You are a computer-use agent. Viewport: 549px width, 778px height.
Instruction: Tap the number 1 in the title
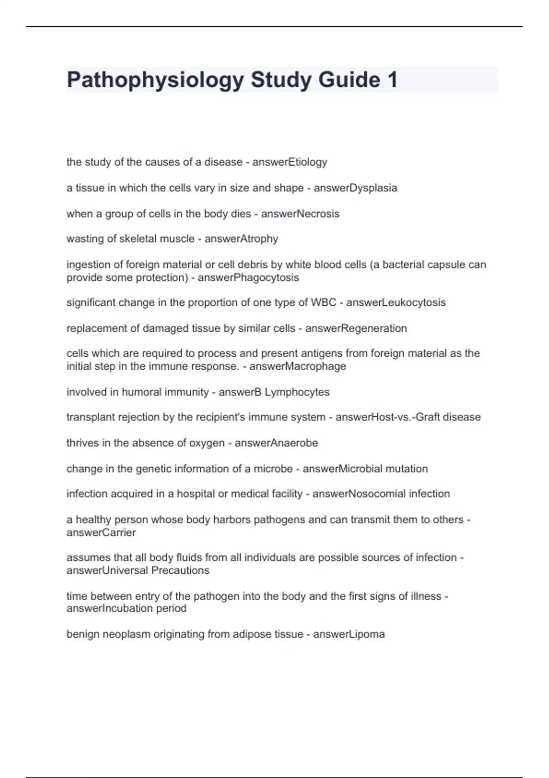coord(392,80)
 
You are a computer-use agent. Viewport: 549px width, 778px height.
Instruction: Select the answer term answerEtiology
coord(290,162)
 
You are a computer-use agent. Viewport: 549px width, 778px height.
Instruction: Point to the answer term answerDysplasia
coord(355,188)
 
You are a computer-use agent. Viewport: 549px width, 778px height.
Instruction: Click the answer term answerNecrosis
coord(300,214)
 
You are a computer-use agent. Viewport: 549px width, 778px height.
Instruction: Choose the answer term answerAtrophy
coord(241,239)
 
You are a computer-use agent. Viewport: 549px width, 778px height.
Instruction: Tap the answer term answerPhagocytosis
coord(248,278)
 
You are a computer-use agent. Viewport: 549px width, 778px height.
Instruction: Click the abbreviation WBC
coord(323,303)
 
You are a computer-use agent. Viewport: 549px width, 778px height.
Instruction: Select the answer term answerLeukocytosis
coord(396,303)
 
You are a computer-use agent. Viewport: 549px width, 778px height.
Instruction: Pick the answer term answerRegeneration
coord(356,328)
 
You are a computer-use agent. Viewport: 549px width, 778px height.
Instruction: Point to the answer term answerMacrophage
coord(297,366)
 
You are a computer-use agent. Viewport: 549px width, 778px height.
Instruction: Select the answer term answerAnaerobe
coord(276,443)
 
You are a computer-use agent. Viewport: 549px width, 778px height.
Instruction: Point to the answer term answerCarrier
coord(101,533)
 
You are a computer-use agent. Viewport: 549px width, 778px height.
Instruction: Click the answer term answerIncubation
coord(109,609)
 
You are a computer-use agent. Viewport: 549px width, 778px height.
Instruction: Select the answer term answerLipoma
coord(349,634)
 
